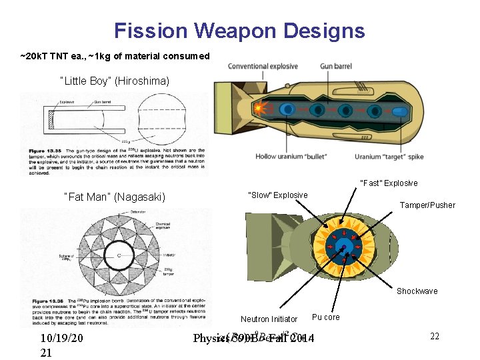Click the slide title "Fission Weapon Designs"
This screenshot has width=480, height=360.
(x=239, y=31)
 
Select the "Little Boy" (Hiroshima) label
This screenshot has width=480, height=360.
(x=115, y=81)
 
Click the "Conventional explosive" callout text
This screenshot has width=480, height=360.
(x=263, y=66)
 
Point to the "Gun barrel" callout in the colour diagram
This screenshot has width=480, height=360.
(x=336, y=66)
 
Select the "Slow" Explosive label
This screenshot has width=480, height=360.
(x=278, y=195)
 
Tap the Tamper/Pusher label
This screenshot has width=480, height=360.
(x=427, y=205)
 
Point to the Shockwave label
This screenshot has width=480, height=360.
(x=417, y=291)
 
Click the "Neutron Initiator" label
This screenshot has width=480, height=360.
(x=269, y=319)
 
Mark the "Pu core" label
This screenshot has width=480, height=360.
(x=325, y=317)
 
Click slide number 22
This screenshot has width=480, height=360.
(x=435, y=337)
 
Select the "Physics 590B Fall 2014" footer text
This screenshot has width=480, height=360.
(x=253, y=339)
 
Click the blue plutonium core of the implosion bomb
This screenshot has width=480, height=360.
(x=346, y=247)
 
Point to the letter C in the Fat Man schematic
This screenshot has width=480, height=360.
(x=119, y=255)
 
